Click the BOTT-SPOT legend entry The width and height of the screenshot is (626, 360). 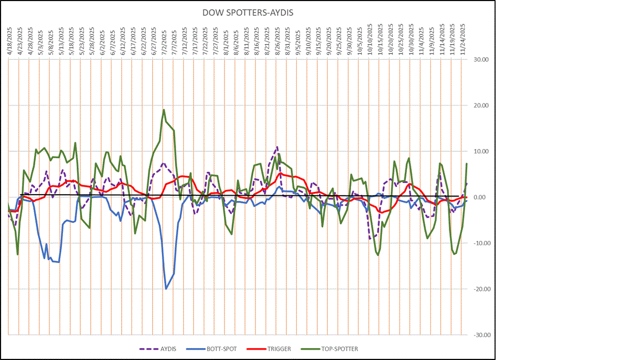(x=216, y=349)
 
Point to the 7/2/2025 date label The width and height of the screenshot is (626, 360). (x=164, y=41)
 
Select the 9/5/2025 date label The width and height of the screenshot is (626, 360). (x=298, y=41)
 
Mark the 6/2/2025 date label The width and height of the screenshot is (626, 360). (x=102, y=41)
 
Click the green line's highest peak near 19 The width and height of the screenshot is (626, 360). (x=164, y=109)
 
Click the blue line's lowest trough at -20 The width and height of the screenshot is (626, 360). (x=166, y=289)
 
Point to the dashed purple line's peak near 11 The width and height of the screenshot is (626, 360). (x=277, y=147)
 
